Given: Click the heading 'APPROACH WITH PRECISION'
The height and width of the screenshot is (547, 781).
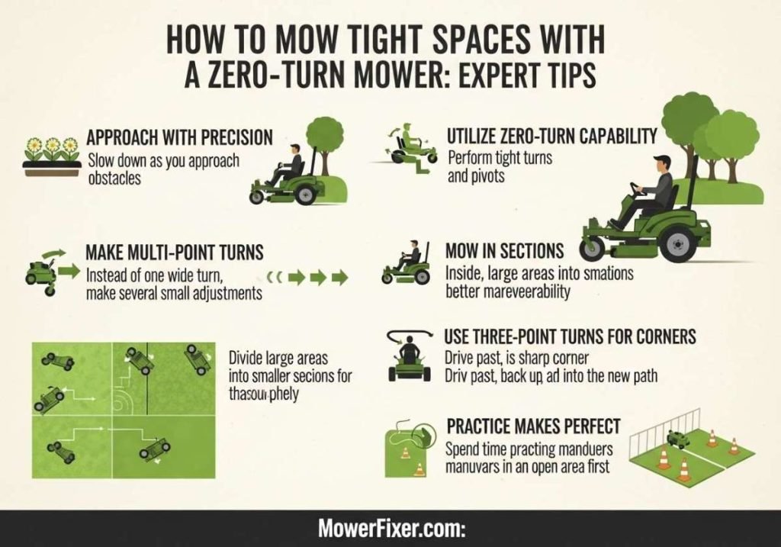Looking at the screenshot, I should point(179,138).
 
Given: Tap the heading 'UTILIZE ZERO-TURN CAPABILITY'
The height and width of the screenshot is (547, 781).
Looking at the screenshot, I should point(552,137).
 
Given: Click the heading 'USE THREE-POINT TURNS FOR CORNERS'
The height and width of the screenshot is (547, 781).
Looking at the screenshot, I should point(570,336).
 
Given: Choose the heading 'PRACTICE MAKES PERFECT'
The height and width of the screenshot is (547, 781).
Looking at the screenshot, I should point(533,426).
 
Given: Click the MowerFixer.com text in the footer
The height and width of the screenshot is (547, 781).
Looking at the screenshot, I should point(390,529).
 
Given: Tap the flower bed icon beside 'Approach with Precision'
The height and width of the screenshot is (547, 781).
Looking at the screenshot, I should point(52,156).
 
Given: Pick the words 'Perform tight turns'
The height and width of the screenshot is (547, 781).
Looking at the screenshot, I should point(500,159).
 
